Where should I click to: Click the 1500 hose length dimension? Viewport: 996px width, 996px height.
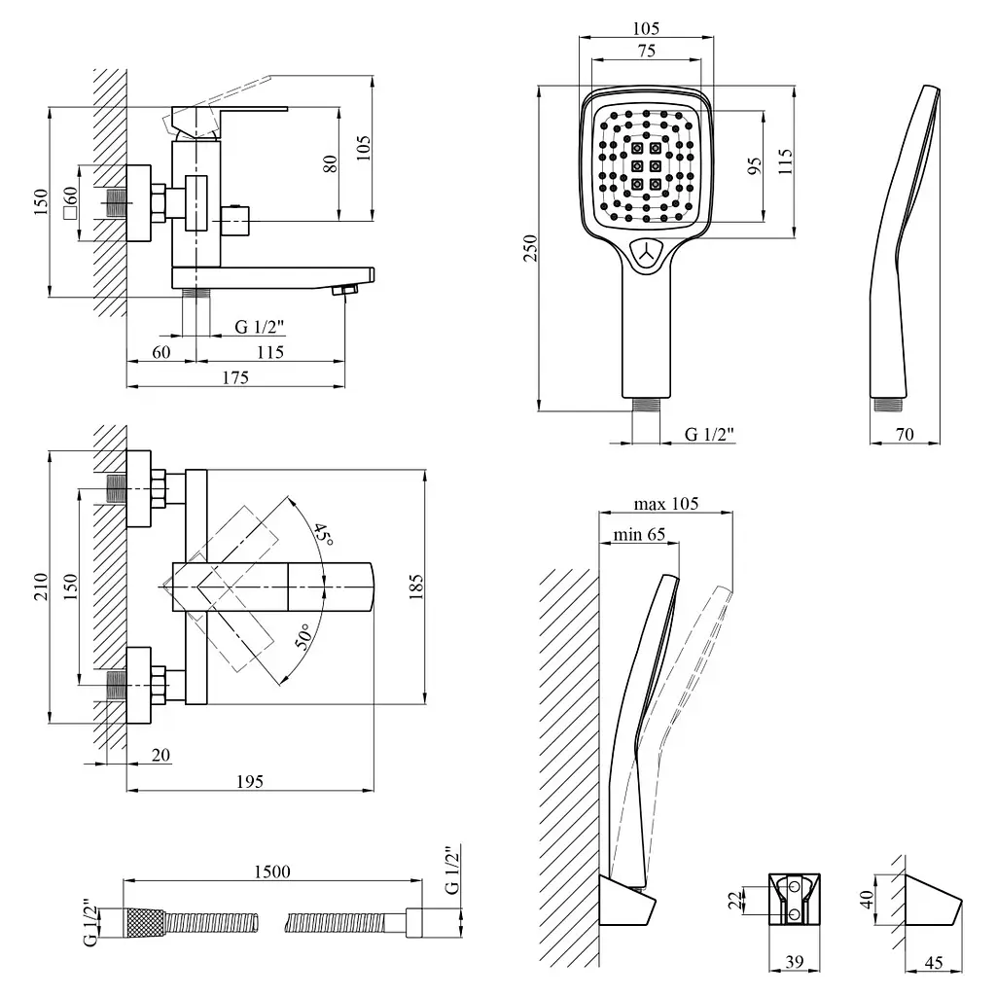coord(272,871)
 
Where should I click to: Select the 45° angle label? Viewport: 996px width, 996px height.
coord(323,534)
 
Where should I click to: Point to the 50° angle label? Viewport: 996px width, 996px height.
coord(303,636)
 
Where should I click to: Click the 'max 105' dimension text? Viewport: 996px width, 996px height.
coord(665,504)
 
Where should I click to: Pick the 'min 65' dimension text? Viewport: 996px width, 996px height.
coord(639,534)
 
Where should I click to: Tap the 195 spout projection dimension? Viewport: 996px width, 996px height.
coord(250,781)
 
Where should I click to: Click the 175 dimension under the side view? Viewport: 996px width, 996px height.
coord(235,377)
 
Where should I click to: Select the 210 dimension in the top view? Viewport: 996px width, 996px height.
coord(41,587)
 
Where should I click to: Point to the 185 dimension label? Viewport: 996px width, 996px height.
coord(415,587)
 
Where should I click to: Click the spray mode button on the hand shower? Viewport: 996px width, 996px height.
coord(647,255)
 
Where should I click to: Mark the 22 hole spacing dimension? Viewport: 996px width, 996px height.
coord(735,901)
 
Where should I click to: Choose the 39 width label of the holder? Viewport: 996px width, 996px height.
coord(794,962)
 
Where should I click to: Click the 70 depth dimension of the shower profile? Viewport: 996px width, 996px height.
coord(905,435)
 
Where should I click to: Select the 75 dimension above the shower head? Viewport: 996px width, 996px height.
coord(647,51)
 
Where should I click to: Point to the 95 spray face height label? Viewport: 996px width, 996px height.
coord(754,167)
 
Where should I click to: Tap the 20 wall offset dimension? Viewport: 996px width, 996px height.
coord(160,755)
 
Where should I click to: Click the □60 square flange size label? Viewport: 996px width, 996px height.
coord(70,202)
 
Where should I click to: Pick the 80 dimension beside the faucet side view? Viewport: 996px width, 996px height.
coord(331,164)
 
